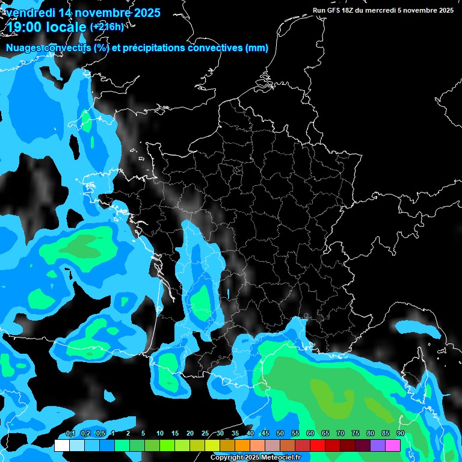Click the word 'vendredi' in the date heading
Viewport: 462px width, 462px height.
point(29,13)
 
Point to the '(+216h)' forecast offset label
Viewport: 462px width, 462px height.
point(106,26)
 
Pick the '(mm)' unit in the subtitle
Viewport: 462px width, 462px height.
point(256,48)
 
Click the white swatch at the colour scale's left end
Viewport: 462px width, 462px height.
point(62,445)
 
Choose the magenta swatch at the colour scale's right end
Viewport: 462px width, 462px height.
point(393,445)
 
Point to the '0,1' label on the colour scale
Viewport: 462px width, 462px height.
point(70,434)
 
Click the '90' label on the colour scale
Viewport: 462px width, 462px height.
point(401,434)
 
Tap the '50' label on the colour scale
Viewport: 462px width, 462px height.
point(280,434)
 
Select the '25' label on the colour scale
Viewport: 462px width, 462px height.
point(205,434)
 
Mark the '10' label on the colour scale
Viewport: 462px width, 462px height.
point(160,434)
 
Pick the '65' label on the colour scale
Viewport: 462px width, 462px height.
point(325,434)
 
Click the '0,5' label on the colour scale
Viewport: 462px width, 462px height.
point(100,434)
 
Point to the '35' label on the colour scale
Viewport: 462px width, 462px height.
point(235,434)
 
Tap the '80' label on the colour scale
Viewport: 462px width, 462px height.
point(371,434)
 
